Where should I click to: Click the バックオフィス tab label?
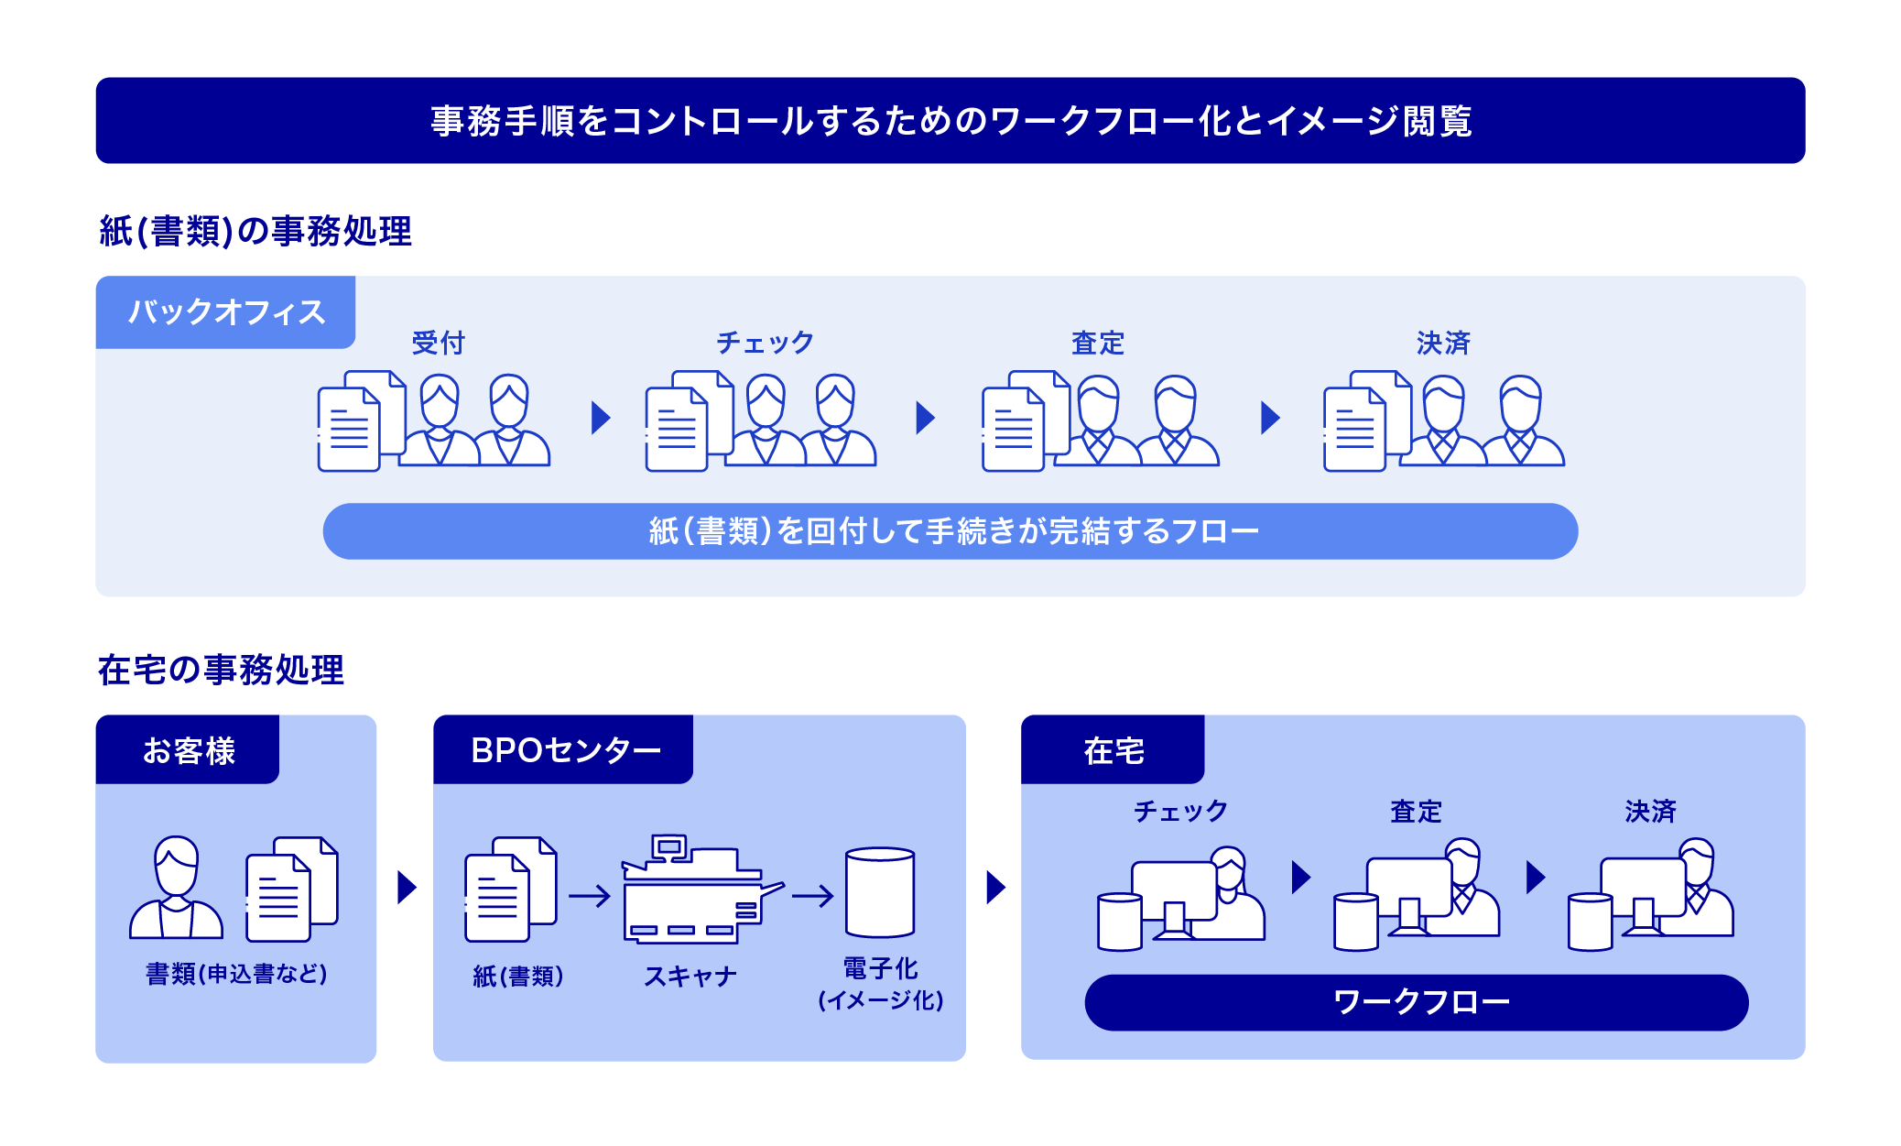click(x=226, y=312)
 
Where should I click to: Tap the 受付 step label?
click(x=439, y=343)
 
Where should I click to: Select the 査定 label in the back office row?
click(x=1098, y=343)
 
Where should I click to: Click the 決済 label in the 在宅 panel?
click(x=1650, y=811)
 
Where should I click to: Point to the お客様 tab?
click(x=188, y=750)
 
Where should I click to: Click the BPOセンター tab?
click(x=564, y=750)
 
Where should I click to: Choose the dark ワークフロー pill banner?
click(x=1416, y=1002)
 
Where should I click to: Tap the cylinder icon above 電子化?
click(x=880, y=892)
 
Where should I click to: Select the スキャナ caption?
click(x=690, y=977)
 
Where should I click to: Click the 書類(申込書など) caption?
click(x=236, y=973)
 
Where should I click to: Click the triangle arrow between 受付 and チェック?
click(x=601, y=418)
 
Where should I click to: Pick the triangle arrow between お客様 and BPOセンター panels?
click(x=407, y=887)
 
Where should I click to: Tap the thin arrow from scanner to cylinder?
click(x=812, y=895)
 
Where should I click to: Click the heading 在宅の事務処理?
click(x=221, y=670)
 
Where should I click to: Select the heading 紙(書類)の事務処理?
click(x=255, y=231)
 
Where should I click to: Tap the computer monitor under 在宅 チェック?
click(x=1173, y=893)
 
